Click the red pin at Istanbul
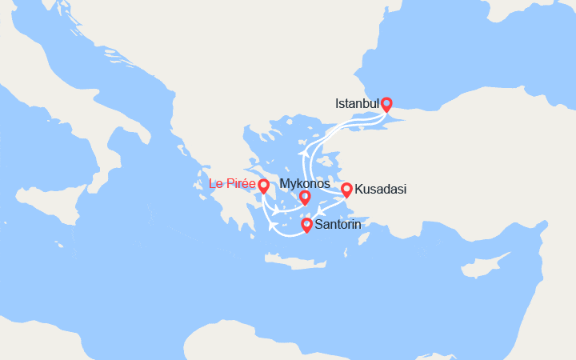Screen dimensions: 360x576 click(386, 103)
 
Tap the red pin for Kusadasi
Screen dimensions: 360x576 click(346, 190)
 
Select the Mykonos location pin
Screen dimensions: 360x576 click(305, 198)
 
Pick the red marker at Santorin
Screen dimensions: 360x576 click(306, 226)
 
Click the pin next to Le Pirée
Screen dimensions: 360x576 click(263, 186)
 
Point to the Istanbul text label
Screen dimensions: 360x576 click(357, 103)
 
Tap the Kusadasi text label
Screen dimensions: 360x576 click(381, 190)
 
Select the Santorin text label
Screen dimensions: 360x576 click(338, 225)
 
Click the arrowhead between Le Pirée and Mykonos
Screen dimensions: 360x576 click(275, 212)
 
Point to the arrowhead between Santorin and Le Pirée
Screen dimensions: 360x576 click(274, 226)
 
